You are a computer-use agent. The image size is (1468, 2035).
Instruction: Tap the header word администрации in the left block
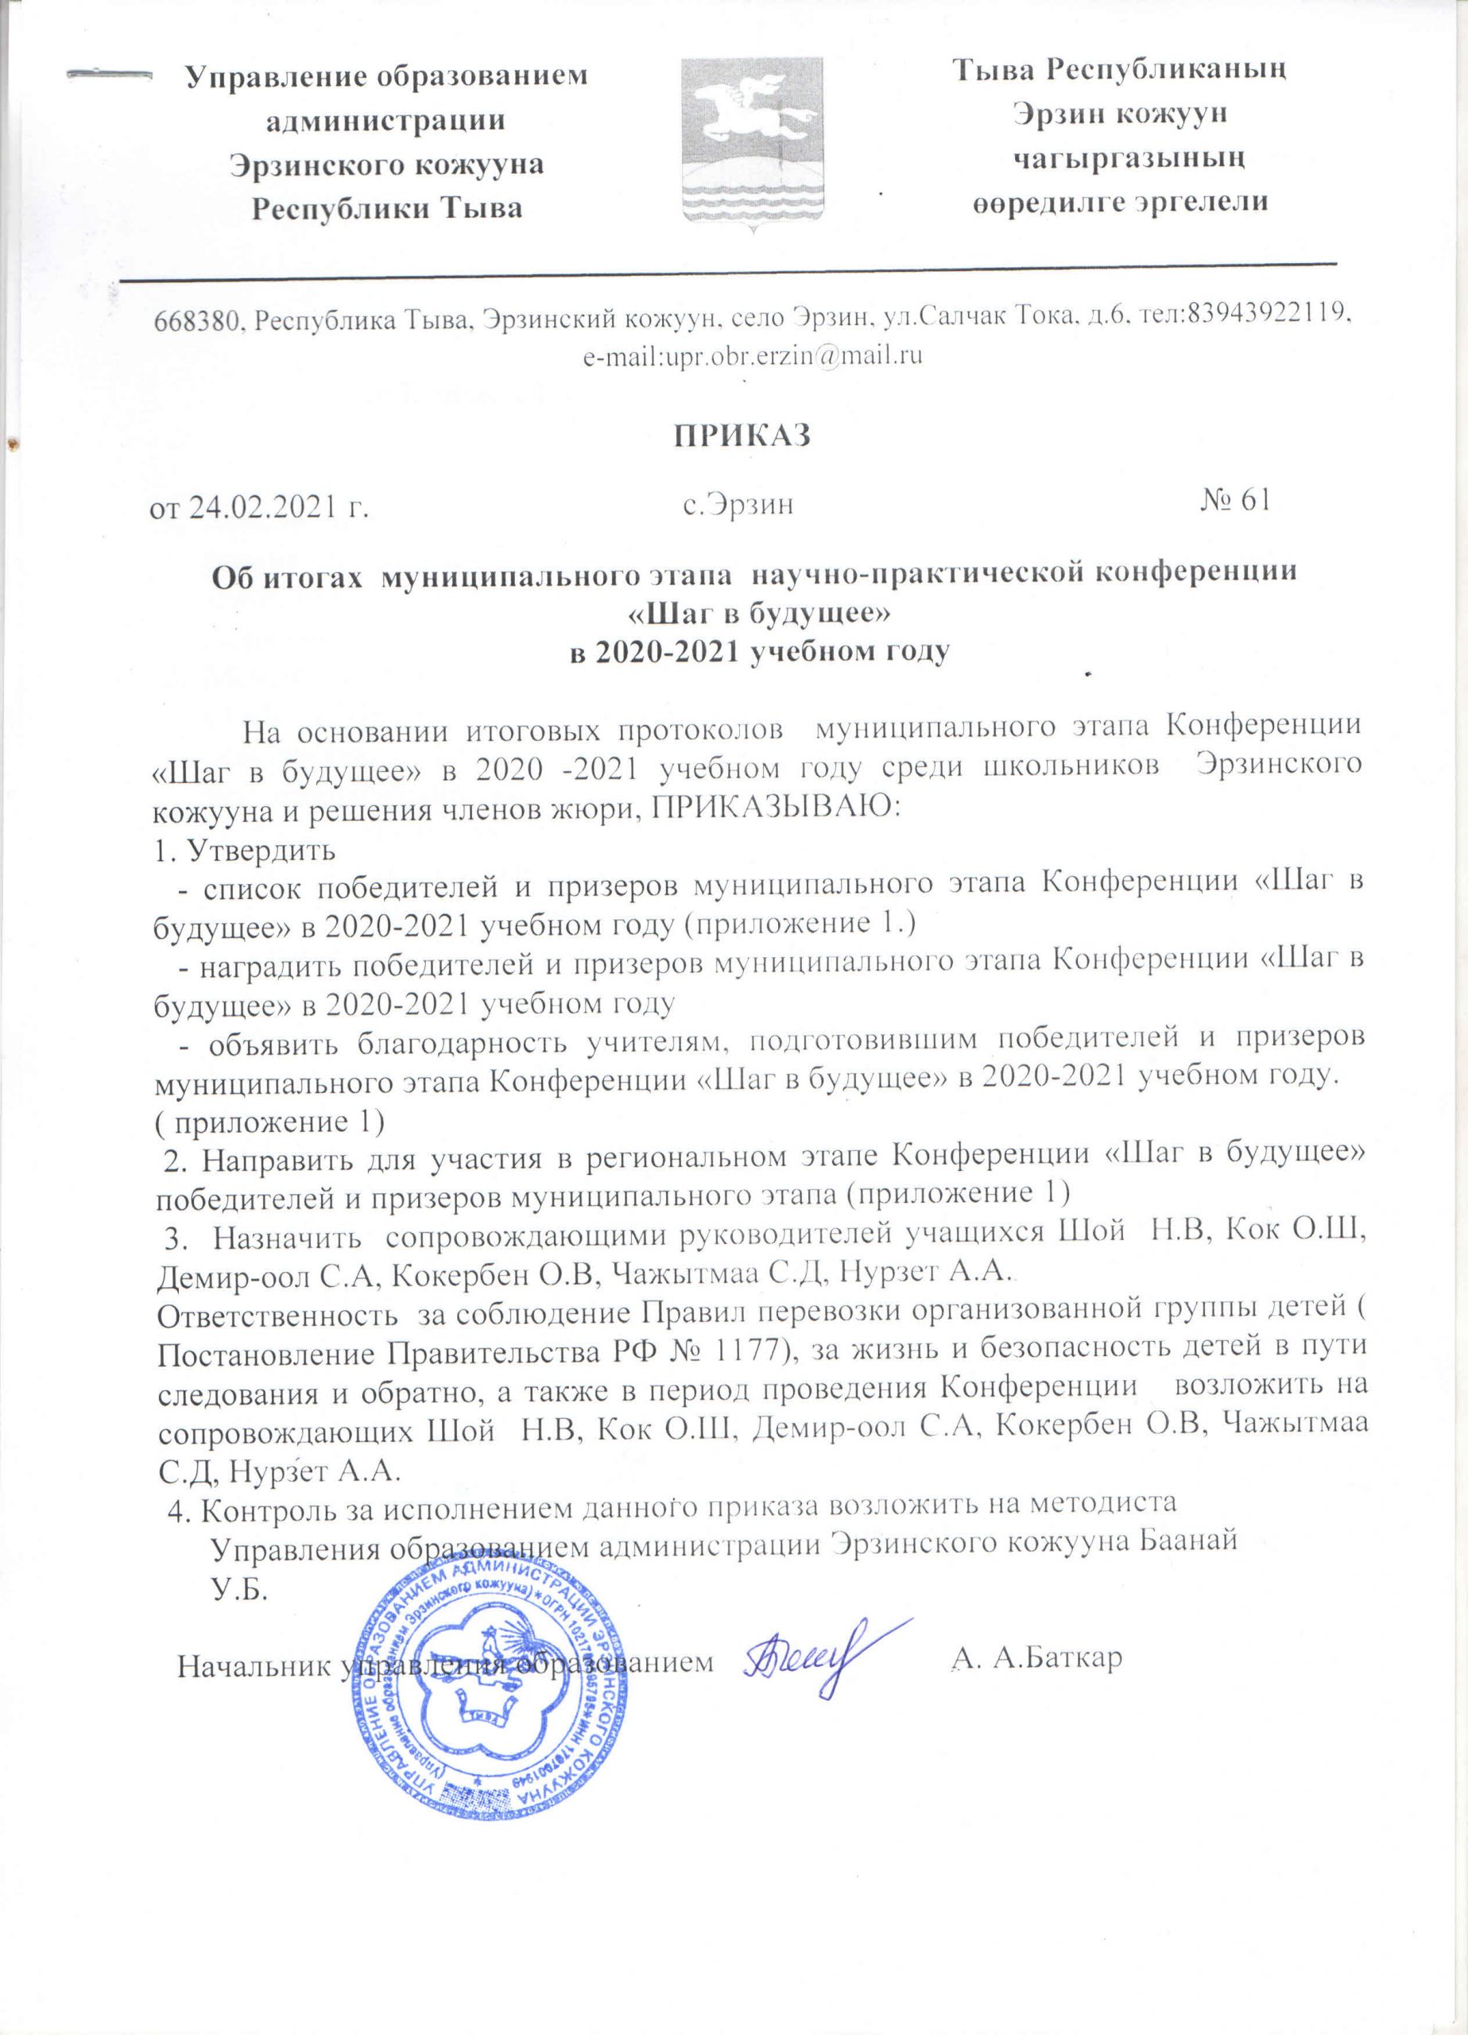(x=385, y=120)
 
